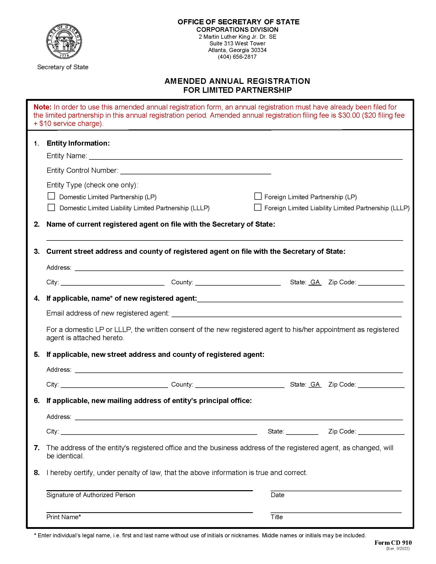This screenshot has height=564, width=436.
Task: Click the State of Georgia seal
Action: coord(64,42)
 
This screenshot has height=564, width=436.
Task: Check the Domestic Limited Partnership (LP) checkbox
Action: coord(51,196)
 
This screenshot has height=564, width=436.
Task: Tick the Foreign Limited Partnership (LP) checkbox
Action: coord(258,196)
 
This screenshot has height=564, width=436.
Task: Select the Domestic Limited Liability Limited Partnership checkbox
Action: coord(51,208)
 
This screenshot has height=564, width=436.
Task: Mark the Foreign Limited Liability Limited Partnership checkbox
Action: coord(258,207)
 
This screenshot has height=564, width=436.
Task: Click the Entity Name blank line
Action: coord(245,156)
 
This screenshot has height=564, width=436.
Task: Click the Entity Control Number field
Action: coord(195,171)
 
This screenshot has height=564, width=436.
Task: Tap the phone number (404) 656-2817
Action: coord(237,57)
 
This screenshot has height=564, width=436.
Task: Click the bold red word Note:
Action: coord(43,107)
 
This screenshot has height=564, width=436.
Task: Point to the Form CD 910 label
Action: coord(393,542)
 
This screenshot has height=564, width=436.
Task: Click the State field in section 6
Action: coord(302,431)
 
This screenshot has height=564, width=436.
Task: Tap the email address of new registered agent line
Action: coord(286,314)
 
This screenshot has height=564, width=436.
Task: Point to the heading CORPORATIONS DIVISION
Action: coord(237,29)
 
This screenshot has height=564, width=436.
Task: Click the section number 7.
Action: coord(37,448)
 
